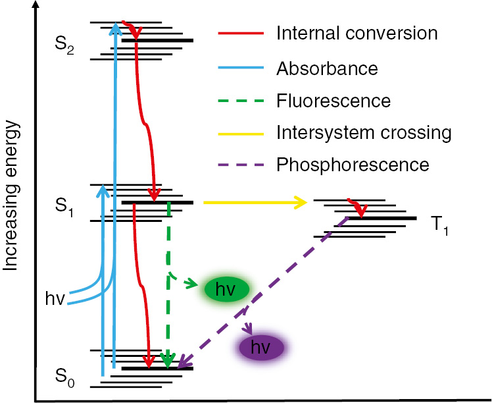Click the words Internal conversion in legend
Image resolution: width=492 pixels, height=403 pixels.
point(357,32)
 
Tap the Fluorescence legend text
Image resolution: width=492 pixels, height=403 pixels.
point(333,101)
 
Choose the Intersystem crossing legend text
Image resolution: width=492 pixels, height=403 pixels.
point(364,132)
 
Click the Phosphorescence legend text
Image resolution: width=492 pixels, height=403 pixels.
point(353,164)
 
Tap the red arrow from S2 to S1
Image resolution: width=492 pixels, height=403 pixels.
point(143,119)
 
